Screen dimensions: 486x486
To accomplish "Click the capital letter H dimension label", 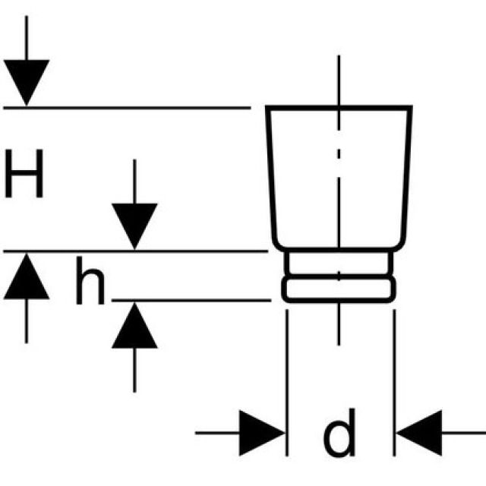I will [x=24, y=175].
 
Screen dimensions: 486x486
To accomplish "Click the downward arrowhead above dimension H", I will [x=27, y=81].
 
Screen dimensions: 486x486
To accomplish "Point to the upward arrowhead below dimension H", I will [x=27, y=275].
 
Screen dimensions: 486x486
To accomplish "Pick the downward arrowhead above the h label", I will [x=134, y=225].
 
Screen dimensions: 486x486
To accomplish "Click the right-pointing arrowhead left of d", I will [x=262, y=434].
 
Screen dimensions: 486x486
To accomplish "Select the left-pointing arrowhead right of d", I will [x=418, y=434].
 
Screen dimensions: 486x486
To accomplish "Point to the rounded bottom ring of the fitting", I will [x=339, y=289].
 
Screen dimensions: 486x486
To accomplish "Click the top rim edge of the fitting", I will [x=339, y=108].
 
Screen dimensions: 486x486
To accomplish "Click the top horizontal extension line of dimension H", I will [x=129, y=109].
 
